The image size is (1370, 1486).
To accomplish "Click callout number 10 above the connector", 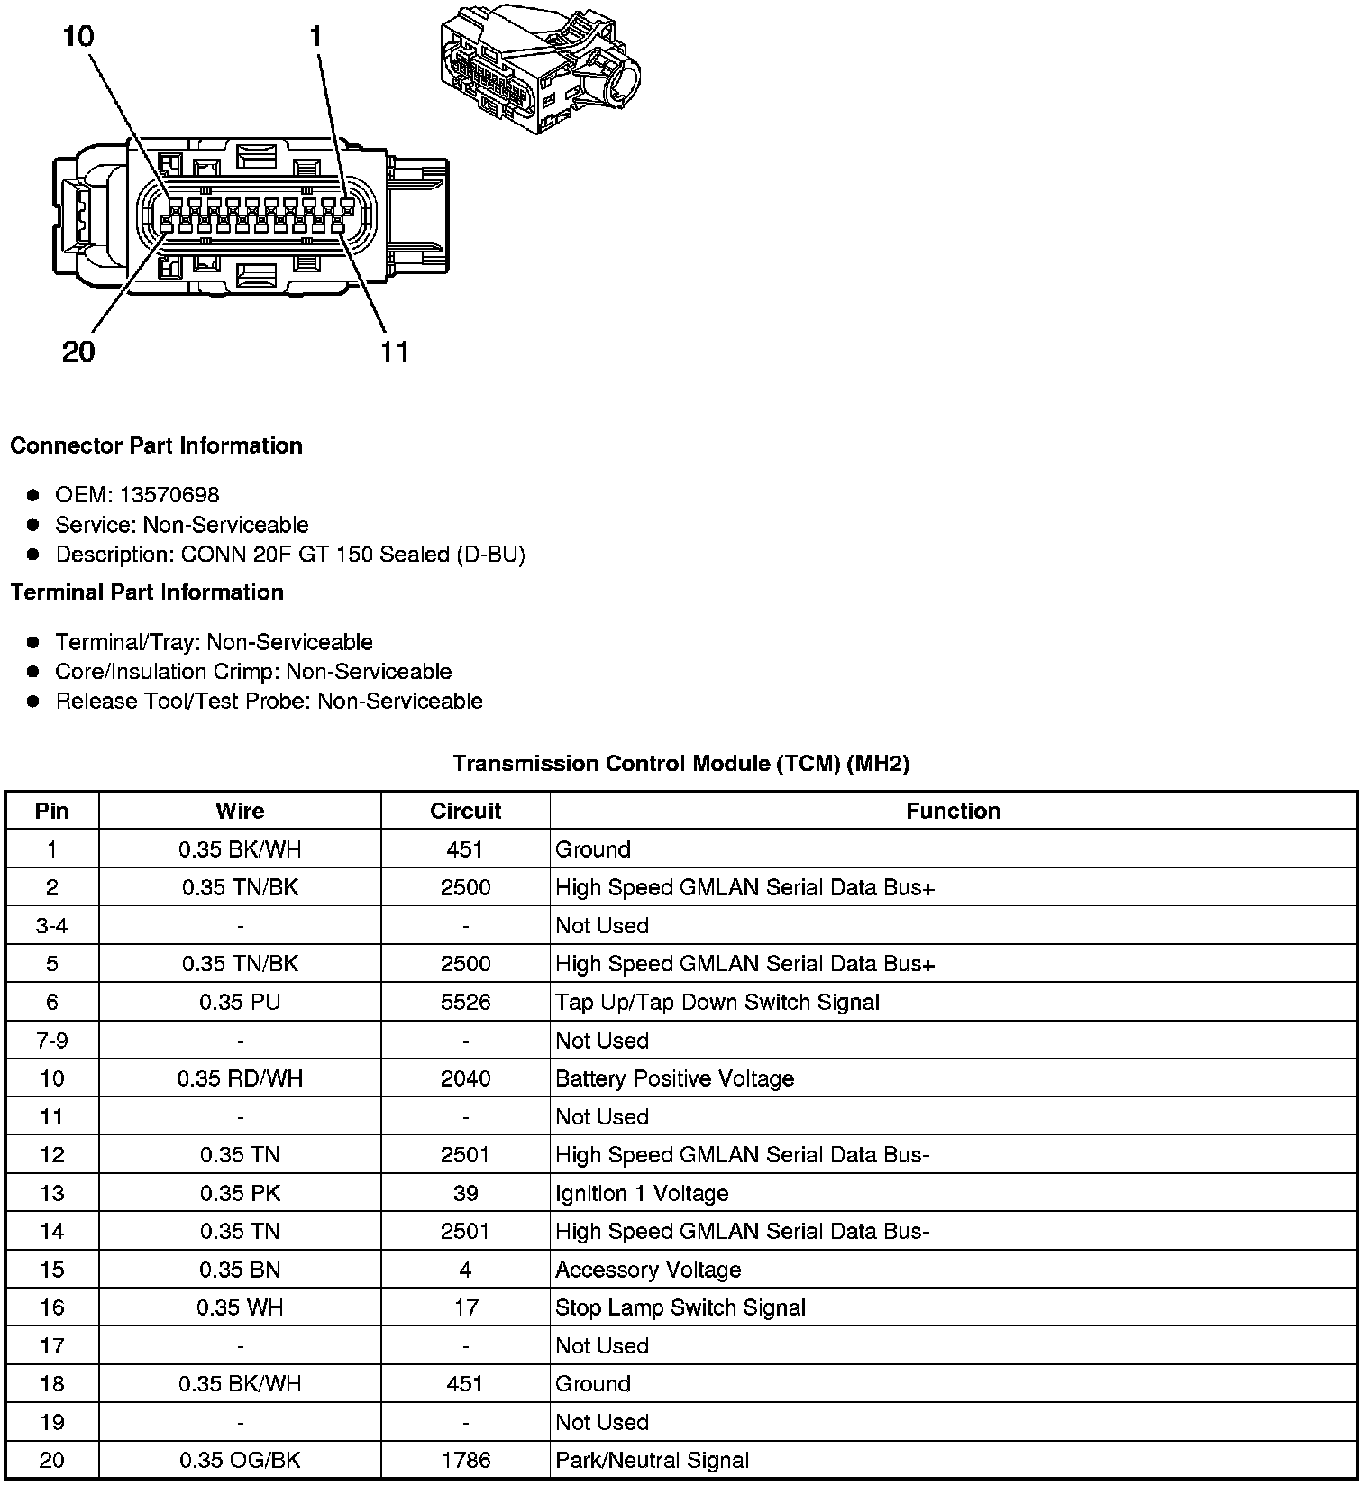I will coord(78,36).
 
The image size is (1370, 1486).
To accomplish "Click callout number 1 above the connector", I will coord(315,36).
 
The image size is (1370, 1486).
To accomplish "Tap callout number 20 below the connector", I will coord(78,351).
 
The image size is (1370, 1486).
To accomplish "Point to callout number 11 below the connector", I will coord(395,351).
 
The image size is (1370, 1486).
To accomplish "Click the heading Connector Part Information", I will coord(156,445).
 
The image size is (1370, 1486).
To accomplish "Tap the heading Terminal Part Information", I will coord(147,592).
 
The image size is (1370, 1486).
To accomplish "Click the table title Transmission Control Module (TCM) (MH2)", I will coord(680,764).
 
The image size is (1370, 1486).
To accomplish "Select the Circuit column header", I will coord(465,811).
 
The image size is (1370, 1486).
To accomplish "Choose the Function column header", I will coord(953,811).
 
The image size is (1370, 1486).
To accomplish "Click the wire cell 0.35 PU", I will coord(240,1002).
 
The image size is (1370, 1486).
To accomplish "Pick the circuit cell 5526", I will coord(465,1002).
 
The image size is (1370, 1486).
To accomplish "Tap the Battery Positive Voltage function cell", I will coord(674,1078).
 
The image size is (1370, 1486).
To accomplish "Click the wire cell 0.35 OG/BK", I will coord(240,1460).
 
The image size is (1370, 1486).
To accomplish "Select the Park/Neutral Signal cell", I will coord(652,1460).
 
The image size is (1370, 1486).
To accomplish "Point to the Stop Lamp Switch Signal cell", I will coord(680,1307).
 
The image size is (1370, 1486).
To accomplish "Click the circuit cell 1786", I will coord(465,1460).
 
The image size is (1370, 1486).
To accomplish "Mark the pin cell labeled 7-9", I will coord(51,1041).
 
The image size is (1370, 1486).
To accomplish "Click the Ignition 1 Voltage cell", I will coord(642,1193).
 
